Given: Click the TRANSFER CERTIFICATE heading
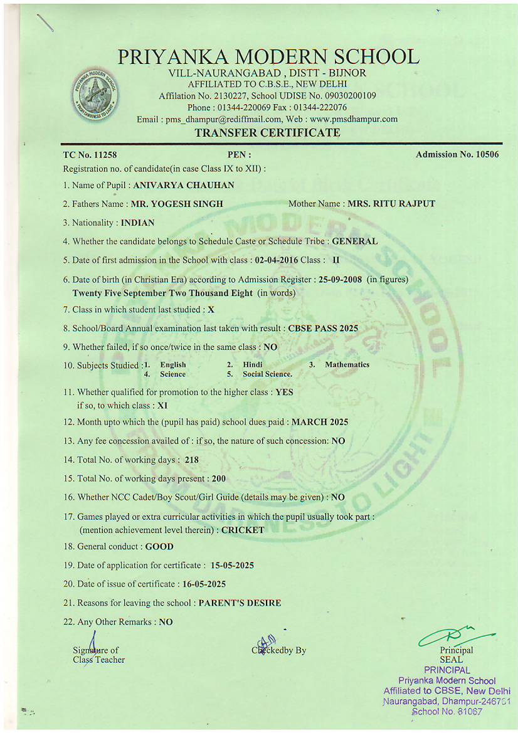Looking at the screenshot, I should tap(268, 133).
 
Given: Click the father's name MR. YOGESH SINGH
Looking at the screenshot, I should tap(177, 204).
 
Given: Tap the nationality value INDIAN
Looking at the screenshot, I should tap(137, 223).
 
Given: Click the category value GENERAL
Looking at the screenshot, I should tap(354, 241).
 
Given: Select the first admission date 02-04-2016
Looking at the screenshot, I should tap(277, 260).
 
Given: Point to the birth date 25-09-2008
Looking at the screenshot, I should tap(340, 280).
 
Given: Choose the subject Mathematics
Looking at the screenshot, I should tap(347, 364).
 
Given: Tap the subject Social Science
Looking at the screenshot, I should tap(267, 374).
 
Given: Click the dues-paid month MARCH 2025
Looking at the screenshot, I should tap(320, 422).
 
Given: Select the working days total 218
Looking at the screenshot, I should tap(192, 460).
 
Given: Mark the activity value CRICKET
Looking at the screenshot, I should tap(243, 530).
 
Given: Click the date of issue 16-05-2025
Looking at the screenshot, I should tap(204, 584).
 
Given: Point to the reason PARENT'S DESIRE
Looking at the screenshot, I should tap(240, 603).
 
